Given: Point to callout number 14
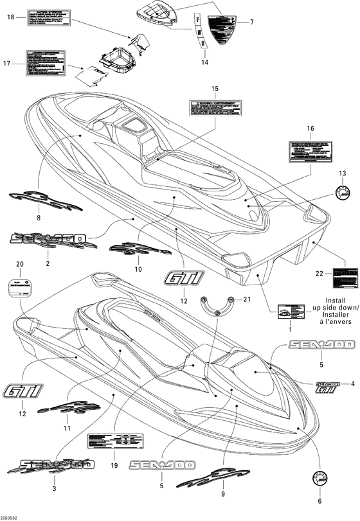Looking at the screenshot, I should coord(204,62).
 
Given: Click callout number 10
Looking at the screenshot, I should coord(137,270).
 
